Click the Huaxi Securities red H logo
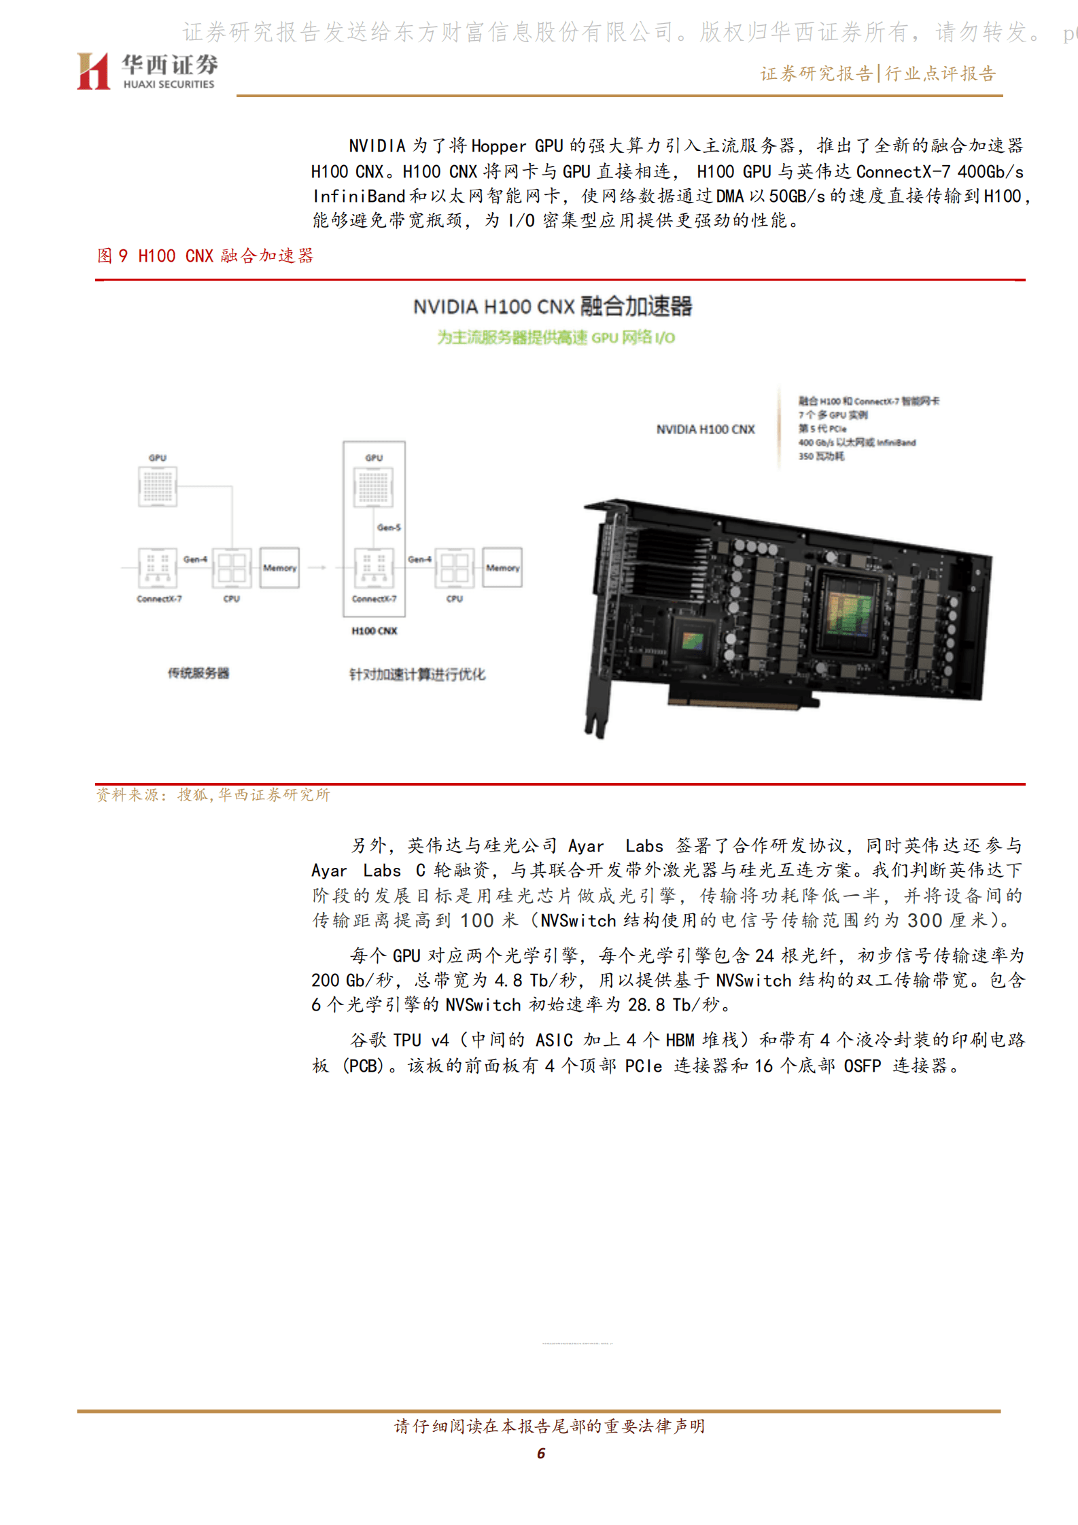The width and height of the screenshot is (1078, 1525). coord(93,71)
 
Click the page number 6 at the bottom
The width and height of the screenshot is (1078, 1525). coord(540,1453)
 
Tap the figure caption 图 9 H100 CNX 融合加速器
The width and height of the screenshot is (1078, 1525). coord(205,256)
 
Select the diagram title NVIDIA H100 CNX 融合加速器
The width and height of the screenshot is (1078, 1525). coord(552,306)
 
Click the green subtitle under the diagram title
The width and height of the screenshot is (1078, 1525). coord(555,338)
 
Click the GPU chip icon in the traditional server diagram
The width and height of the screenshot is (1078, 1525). coord(158,486)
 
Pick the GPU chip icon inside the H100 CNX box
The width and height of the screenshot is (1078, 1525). coord(373,487)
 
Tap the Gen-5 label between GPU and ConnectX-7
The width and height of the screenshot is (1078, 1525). coord(389,527)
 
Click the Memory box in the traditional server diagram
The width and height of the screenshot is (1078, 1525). coord(279,567)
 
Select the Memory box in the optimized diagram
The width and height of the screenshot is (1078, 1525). coord(502,567)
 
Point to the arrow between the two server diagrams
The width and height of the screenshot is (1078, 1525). coord(317,567)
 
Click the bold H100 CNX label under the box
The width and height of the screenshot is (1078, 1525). coord(374,631)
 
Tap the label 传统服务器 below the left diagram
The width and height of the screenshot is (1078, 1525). coord(198,673)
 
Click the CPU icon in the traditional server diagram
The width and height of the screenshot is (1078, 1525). coord(232,567)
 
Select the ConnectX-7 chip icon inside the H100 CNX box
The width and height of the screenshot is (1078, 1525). coord(374,567)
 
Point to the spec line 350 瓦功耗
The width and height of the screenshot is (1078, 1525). coord(821,457)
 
